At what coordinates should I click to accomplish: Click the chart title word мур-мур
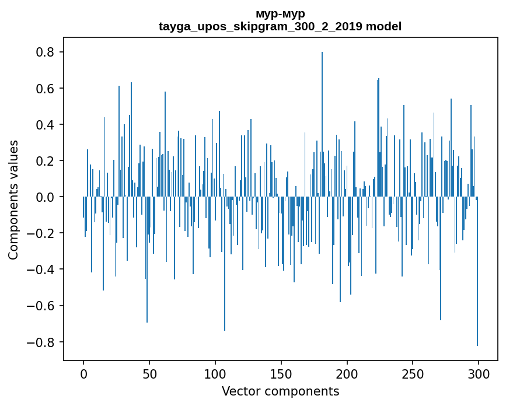(280, 13)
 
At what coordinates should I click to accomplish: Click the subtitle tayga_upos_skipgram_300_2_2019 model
(280, 26)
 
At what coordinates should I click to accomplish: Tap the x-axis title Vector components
(280, 391)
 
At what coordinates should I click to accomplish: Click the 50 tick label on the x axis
(149, 373)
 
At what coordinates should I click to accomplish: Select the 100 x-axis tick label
(215, 373)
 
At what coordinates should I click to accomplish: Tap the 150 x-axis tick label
(281, 373)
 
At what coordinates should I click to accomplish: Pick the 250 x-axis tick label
(413, 373)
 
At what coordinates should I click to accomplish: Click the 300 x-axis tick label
(479, 373)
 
